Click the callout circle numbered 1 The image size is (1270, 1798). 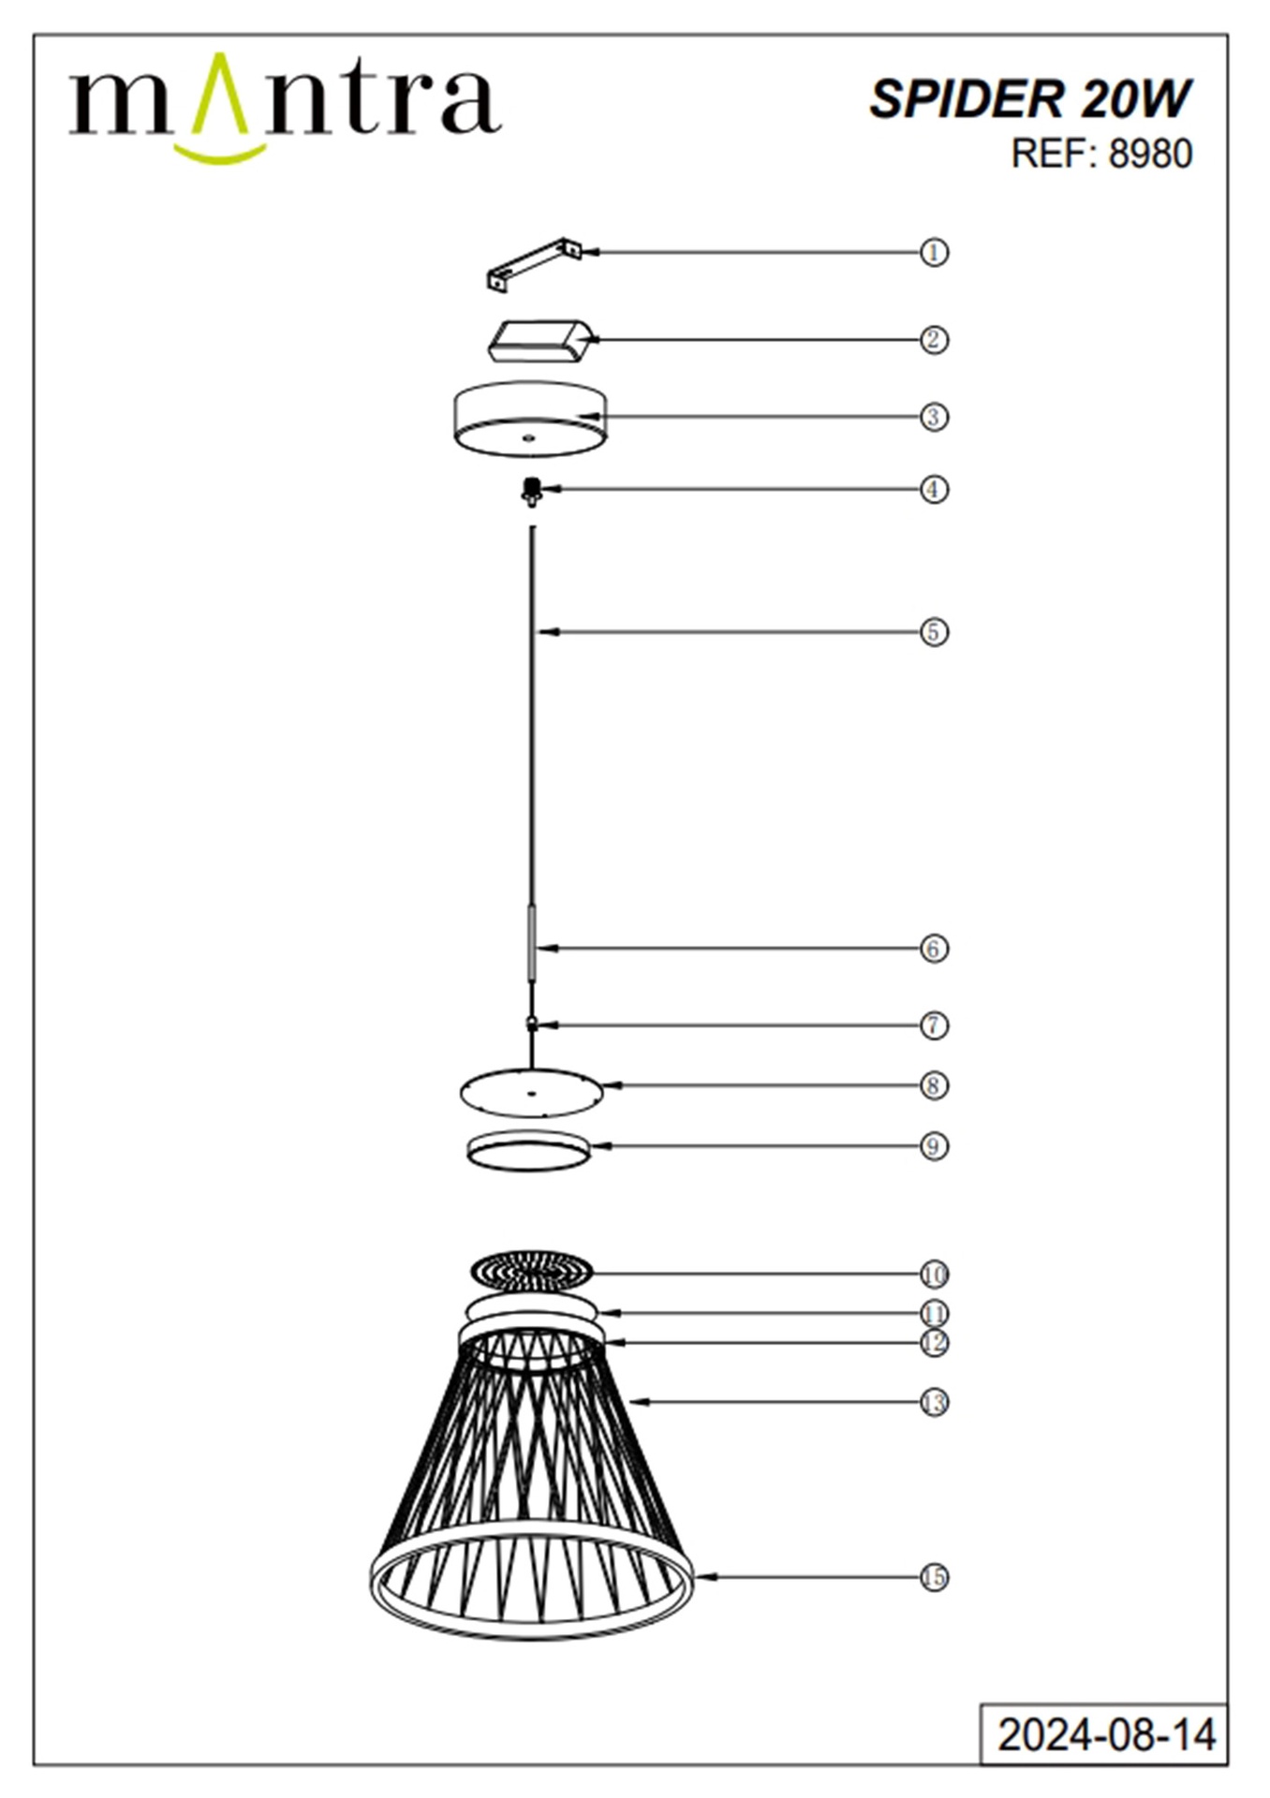click(x=934, y=252)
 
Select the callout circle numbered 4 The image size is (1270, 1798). click(x=934, y=489)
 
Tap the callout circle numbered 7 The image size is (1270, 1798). click(x=934, y=1025)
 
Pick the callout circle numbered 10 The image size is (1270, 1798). click(x=934, y=1274)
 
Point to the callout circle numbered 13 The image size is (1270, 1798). click(x=934, y=1402)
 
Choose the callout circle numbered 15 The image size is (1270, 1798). click(x=934, y=1577)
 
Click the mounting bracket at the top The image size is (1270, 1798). click(x=534, y=264)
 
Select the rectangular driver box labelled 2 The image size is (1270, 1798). click(x=540, y=341)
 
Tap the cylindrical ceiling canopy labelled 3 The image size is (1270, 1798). click(x=530, y=419)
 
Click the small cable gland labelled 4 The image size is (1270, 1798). click(x=532, y=492)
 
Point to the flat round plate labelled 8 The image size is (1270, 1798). click(x=531, y=1092)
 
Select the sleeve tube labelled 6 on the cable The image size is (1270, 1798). click(x=532, y=942)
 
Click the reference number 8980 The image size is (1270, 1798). click(x=1150, y=154)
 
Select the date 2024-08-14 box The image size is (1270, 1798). click(x=1104, y=1733)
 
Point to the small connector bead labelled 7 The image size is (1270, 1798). click(x=532, y=1025)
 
